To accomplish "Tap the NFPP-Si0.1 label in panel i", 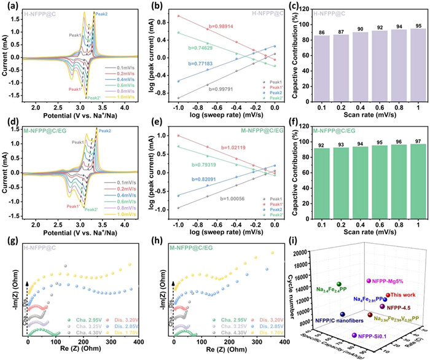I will click(x=377, y=336).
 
